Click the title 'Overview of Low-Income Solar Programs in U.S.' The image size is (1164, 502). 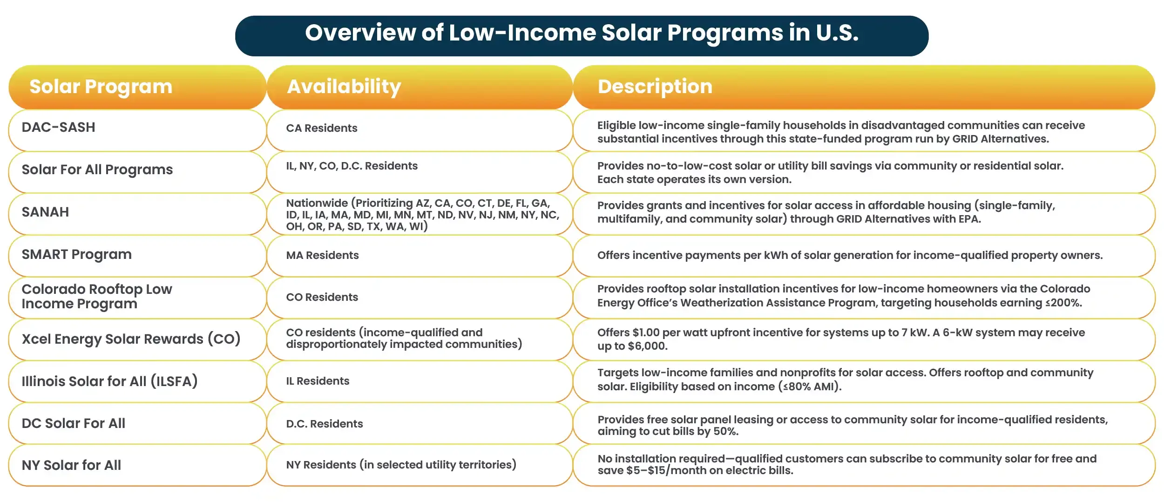[582, 34]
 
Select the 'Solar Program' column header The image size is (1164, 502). [101, 87]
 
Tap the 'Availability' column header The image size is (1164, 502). [344, 87]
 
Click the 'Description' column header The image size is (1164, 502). [655, 87]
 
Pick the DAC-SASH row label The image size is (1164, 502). [58, 127]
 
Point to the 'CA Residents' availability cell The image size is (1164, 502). [321, 128]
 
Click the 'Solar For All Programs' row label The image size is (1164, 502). [97, 170]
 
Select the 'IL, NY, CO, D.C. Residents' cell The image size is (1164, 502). [352, 166]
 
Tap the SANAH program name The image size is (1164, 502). [45, 212]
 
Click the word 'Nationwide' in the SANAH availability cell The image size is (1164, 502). [317, 203]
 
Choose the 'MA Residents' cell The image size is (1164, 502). [322, 255]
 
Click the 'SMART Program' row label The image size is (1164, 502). [76, 254]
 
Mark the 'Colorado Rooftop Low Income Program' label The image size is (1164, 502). [96, 296]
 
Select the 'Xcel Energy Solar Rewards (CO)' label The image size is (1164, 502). [131, 339]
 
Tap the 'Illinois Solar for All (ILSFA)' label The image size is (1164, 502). [109, 381]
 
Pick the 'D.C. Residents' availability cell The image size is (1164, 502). [324, 424]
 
